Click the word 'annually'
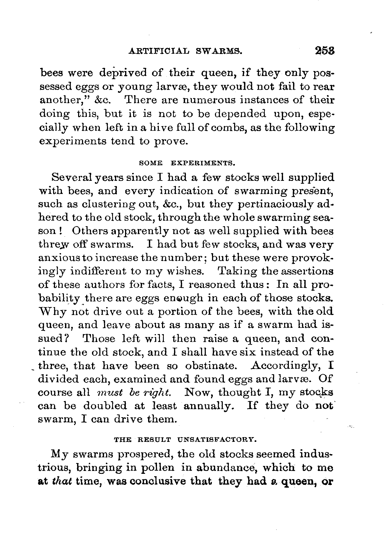click(208, 406)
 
